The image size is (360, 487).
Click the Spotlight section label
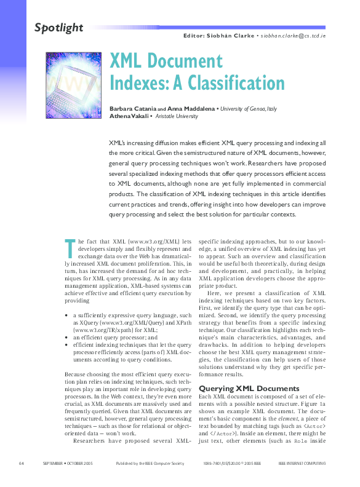pos(58,27)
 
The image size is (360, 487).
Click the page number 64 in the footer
pos(21,463)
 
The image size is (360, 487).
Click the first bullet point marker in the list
pos(66,314)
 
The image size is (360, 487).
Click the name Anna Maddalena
pos(191,108)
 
